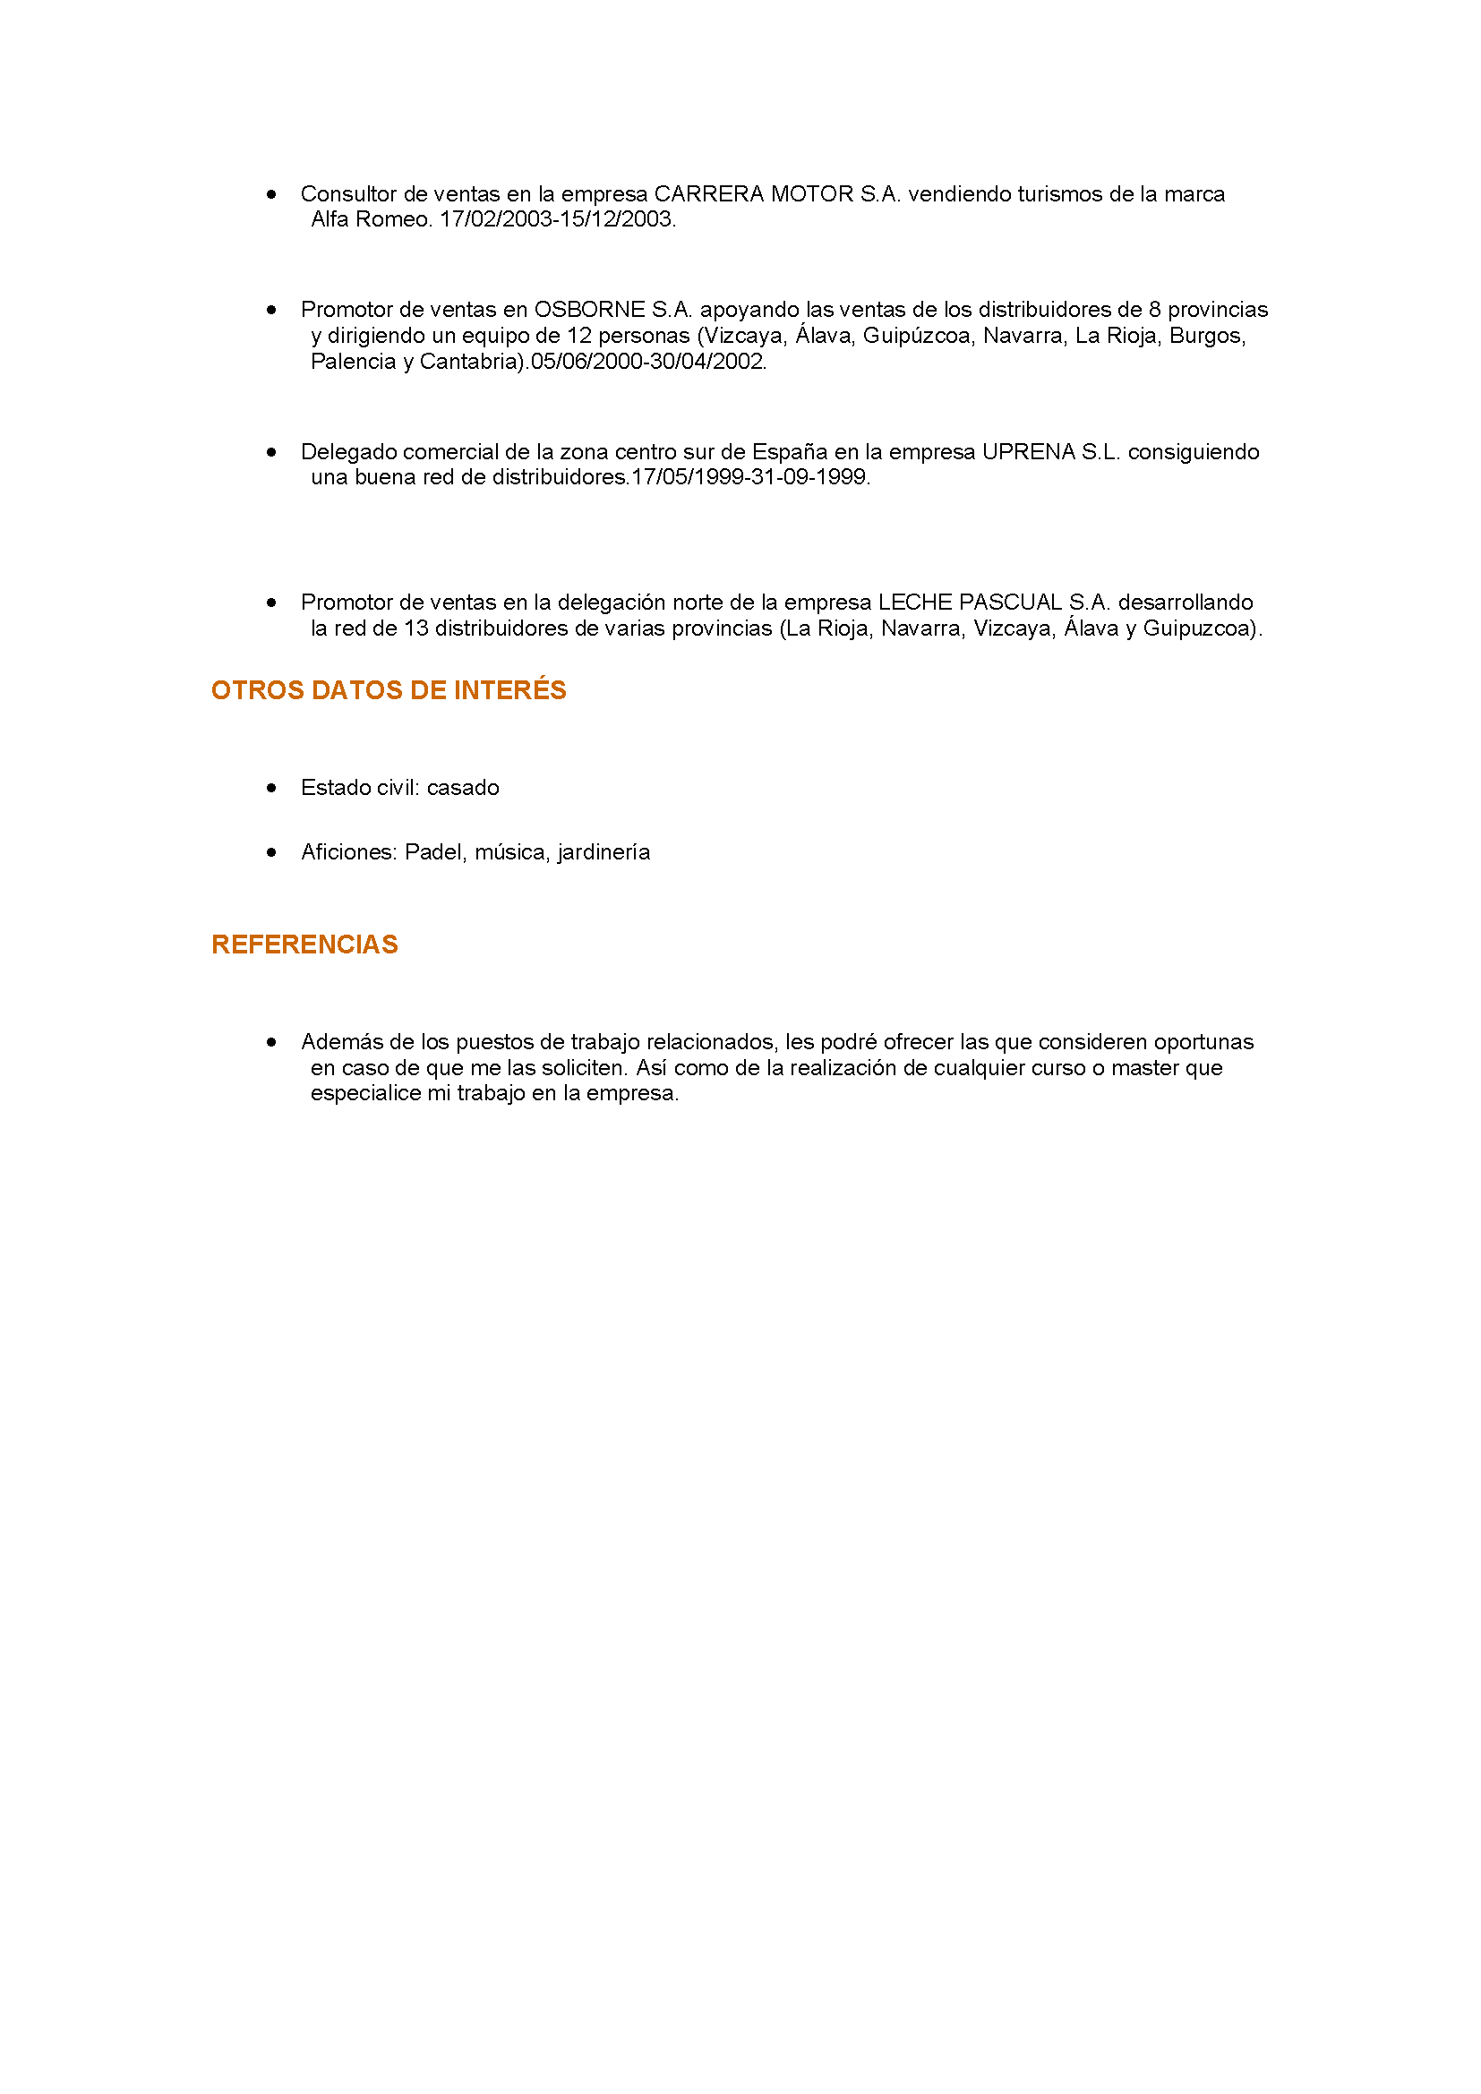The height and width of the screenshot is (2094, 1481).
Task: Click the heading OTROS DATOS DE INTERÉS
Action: tap(389, 690)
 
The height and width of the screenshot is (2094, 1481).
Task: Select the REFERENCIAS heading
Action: tap(304, 944)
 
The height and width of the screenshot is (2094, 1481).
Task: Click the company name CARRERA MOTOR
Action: tap(753, 194)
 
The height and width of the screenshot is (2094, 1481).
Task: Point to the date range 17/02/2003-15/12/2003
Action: tap(556, 220)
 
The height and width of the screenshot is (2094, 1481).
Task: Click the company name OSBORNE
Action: tap(589, 310)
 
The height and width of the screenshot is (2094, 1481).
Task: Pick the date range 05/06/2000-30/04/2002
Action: tap(647, 362)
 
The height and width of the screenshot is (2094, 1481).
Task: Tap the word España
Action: tap(790, 452)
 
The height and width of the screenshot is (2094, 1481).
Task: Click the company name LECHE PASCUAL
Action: tap(971, 603)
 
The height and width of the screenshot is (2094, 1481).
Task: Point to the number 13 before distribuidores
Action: tap(415, 629)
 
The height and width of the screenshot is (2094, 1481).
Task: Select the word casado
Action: tap(463, 788)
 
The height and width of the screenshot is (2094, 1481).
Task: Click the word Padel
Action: tap(434, 853)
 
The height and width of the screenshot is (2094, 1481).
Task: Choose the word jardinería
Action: tap(604, 853)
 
